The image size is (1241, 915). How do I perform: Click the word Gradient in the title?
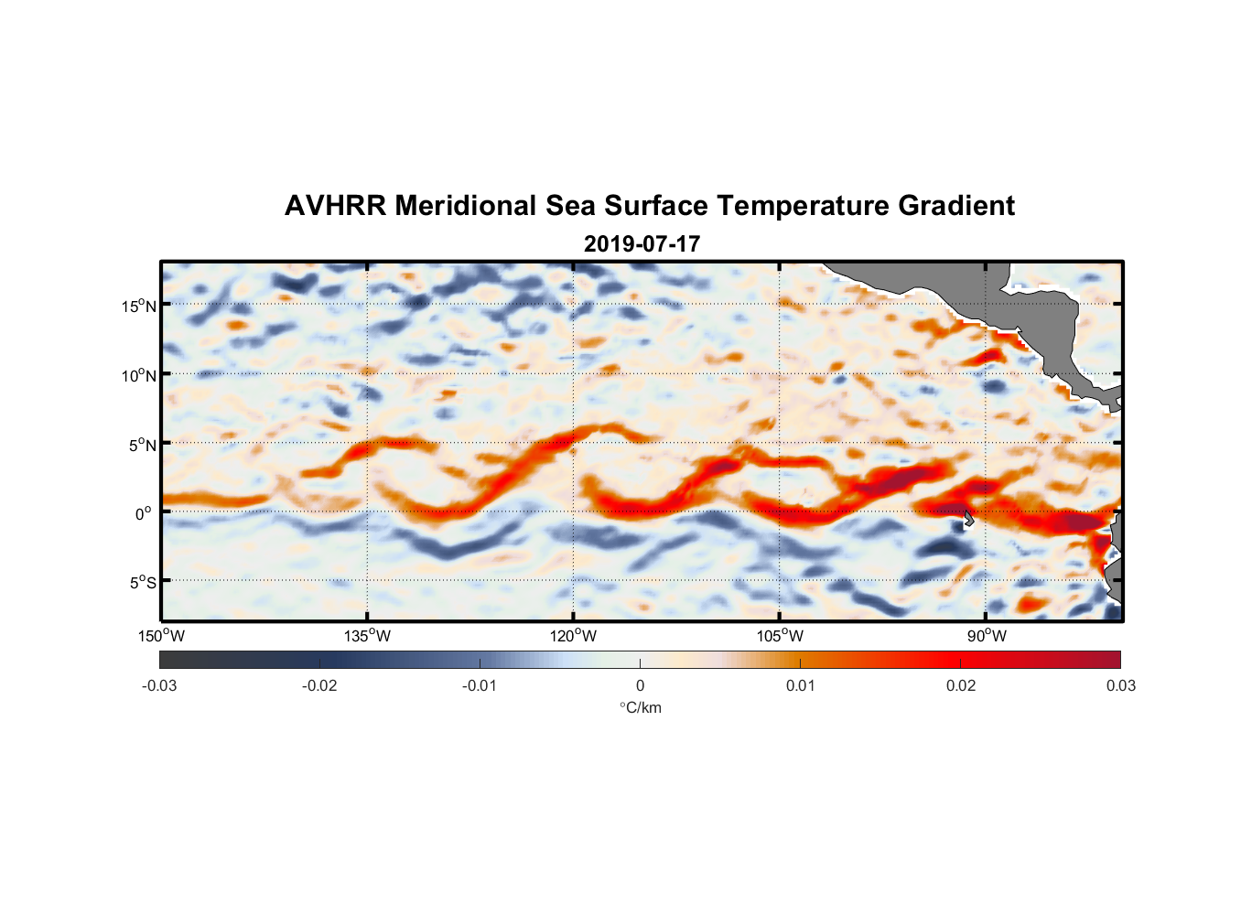click(955, 206)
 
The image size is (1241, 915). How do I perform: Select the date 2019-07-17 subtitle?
click(642, 244)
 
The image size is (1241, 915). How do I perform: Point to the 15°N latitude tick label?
click(138, 306)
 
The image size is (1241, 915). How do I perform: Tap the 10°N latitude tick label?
click(138, 375)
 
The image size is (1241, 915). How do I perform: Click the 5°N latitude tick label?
click(142, 445)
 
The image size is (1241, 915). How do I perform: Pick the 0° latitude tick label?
click(145, 513)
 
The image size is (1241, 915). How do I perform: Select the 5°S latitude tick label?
click(142, 582)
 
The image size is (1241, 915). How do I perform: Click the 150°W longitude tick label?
click(161, 636)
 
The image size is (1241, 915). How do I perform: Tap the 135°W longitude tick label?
click(368, 636)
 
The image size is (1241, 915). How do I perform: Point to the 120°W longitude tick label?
click(574, 636)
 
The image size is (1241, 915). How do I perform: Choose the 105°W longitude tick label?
click(780, 636)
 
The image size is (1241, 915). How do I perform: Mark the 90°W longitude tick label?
click(987, 636)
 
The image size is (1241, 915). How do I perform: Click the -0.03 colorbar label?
click(159, 685)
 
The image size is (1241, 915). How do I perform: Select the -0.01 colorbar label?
click(480, 685)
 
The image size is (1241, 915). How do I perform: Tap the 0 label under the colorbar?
click(640, 685)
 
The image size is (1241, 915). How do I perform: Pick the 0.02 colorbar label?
click(961, 685)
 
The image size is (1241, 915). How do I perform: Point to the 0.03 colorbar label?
click(1120, 685)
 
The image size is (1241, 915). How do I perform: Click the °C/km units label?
click(640, 707)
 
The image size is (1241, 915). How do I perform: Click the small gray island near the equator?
click(968, 519)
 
